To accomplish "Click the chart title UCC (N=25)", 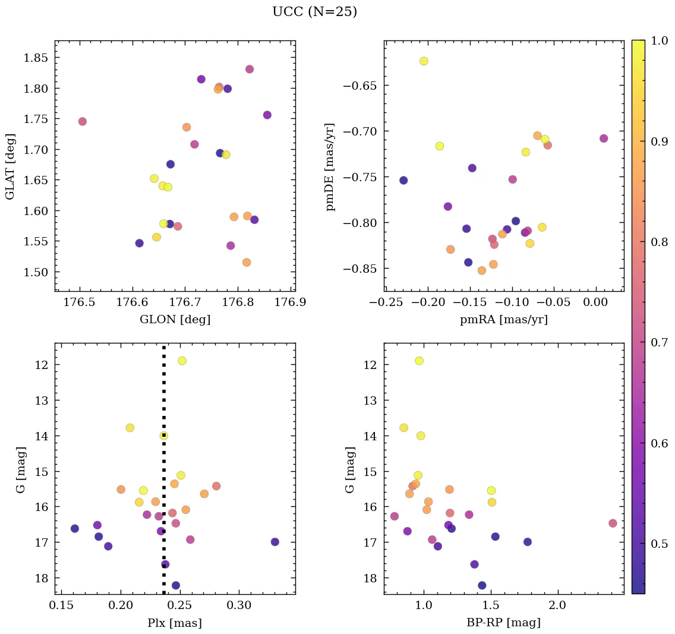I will click(x=314, y=12).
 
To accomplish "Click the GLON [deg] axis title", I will click(x=175, y=320).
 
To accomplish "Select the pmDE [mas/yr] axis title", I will click(x=330, y=167).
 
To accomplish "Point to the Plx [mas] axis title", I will click(x=175, y=623).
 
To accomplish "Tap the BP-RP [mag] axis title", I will click(x=503, y=623).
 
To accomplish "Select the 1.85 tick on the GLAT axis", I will click(x=37, y=58).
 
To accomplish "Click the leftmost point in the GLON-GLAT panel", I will click(x=82, y=122).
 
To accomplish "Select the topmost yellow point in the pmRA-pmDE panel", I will click(x=424, y=61).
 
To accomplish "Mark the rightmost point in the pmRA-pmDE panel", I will click(x=604, y=138).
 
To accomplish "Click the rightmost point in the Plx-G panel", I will click(x=275, y=542).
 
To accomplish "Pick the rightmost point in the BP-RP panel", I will click(x=613, y=523).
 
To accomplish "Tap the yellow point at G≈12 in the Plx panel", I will click(x=182, y=361).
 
